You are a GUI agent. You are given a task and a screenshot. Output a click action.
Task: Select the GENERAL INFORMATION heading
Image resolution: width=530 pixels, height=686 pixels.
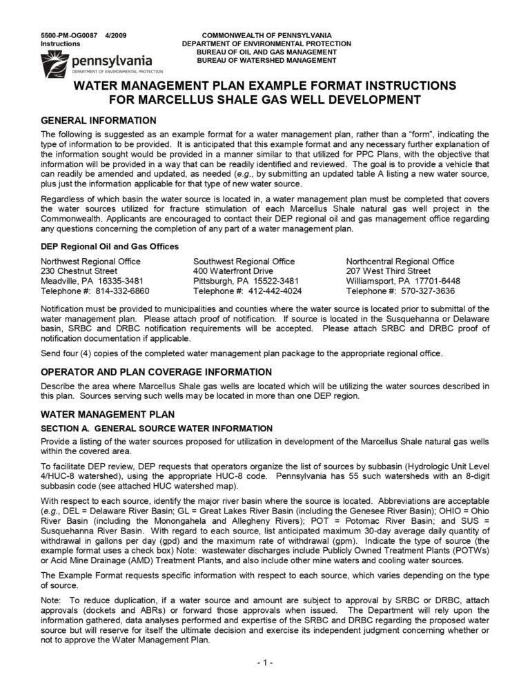pyautogui.click(x=99, y=120)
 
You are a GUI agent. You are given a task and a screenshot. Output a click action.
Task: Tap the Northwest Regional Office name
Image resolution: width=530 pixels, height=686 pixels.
pyautogui.click(x=90, y=262)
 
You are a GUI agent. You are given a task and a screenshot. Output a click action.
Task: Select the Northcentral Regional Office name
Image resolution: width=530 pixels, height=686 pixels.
pyautogui.click(x=400, y=262)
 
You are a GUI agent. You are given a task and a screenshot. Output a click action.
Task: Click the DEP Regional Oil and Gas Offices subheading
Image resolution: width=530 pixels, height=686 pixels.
pyautogui.click(x=110, y=246)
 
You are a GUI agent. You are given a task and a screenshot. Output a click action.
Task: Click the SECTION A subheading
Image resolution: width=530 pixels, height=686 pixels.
pyautogui.click(x=147, y=428)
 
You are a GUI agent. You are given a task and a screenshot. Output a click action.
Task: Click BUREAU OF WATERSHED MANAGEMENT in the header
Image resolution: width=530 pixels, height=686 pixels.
pyautogui.click(x=266, y=61)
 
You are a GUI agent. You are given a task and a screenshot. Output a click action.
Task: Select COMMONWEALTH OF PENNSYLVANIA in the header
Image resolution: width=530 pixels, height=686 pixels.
pyautogui.click(x=266, y=35)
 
